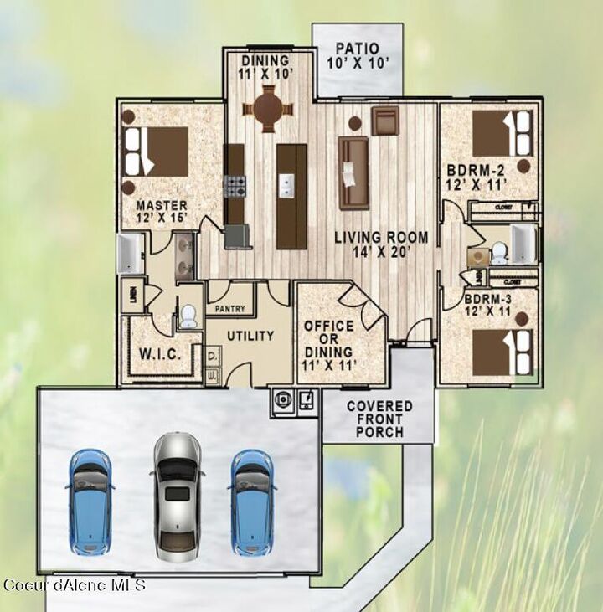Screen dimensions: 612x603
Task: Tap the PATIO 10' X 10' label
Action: pyautogui.click(x=357, y=56)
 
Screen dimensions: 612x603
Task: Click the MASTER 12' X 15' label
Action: pyautogui.click(x=162, y=211)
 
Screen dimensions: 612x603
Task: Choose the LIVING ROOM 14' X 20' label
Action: pyautogui.click(x=381, y=244)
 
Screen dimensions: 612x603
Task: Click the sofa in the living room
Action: pyautogui.click(x=353, y=173)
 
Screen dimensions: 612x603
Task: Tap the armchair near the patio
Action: pyautogui.click(x=384, y=121)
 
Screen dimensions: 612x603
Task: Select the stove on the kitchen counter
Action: pyautogui.click(x=234, y=185)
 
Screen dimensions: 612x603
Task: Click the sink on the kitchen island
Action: pyautogui.click(x=287, y=184)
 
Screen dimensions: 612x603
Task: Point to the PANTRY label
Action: pyautogui.click(x=229, y=309)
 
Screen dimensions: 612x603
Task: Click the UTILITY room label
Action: pyautogui.click(x=251, y=336)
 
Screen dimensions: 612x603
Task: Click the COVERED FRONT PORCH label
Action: pyautogui.click(x=379, y=419)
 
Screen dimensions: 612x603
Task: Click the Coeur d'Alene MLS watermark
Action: pyautogui.click(x=75, y=584)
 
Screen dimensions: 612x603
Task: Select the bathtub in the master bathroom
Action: pyautogui.click(x=131, y=255)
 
